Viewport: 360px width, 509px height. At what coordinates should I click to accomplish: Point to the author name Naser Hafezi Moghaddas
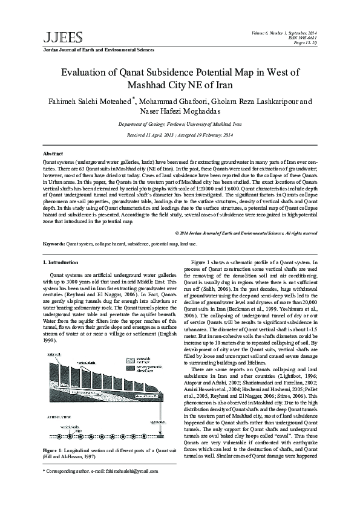(180, 112)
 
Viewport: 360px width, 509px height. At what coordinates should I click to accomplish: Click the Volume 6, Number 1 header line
(287, 31)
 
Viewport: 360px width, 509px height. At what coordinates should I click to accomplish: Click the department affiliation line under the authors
(180, 123)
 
